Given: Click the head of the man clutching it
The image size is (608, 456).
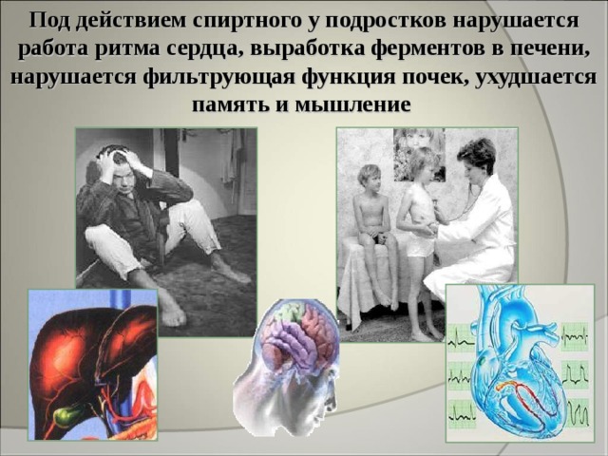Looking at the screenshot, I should [x=122, y=167].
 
